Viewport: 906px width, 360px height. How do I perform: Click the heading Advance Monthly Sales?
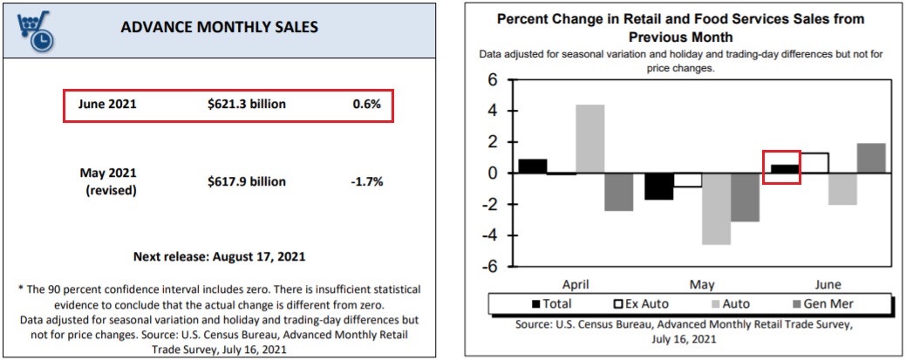[219, 27]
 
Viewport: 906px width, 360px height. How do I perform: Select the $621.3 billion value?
[247, 105]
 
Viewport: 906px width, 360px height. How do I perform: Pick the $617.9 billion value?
[247, 181]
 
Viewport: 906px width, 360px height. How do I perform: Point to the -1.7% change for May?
[366, 181]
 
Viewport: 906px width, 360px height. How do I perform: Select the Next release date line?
[220, 256]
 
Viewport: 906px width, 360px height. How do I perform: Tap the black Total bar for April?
[533, 166]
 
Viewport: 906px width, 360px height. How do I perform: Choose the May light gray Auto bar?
[717, 208]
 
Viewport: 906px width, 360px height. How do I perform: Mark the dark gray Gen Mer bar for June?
[871, 158]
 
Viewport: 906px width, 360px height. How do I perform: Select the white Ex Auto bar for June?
[814, 163]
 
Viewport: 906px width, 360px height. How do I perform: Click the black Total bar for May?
[659, 186]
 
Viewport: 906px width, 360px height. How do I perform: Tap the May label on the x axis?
[702, 285]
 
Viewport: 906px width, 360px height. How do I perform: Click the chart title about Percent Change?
[681, 27]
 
